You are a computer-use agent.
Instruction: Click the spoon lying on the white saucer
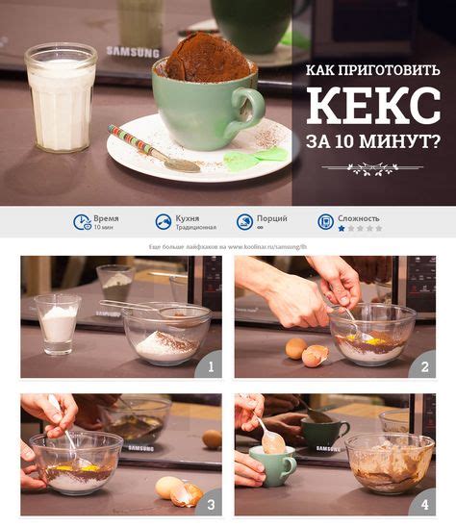[154, 148]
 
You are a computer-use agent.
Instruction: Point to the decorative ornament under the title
[372, 169]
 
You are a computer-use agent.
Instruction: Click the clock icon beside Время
[83, 222]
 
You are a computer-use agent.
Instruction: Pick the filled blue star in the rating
[341, 229]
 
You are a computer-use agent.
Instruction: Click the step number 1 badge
[209, 364]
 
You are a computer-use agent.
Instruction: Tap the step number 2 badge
[424, 364]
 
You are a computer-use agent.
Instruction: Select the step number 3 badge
[209, 502]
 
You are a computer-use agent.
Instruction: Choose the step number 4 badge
[424, 502]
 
